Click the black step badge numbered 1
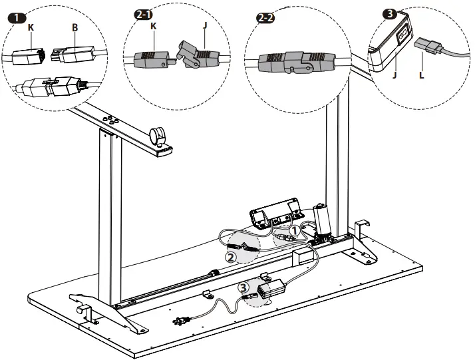coord(17,18)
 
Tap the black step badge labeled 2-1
coord(143,15)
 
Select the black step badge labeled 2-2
coord(265,18)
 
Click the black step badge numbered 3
coord(391,13)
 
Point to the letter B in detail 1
coord(75,27)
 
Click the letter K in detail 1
coord(31,27)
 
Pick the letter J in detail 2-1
coord(205,25)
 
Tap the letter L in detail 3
coord(421,75)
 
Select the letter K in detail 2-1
coord(154,26)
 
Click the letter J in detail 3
coord(395,75)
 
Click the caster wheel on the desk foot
coord(157,136)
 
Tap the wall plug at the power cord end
coord(181,321)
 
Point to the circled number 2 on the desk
coord(231,258)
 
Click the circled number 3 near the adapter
coord(244,287)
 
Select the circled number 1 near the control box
coord(294,231)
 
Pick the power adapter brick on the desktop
coord(271,289)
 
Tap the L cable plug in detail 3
coord(428,46)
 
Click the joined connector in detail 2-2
coord(296,62)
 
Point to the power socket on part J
coord(403,35)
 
